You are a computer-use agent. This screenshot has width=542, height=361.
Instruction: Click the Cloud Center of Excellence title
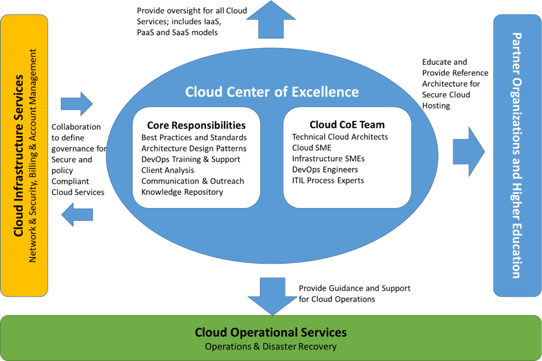click(272, 92)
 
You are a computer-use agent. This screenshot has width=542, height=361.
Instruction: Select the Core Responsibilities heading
click(196, 125)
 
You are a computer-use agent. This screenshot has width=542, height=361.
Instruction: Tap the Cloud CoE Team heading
click(347, 125)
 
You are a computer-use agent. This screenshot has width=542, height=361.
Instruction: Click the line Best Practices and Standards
click(194, 138)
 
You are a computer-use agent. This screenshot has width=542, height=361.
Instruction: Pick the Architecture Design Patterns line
click(194, 149)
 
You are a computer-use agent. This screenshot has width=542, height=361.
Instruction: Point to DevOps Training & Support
click(191, 159)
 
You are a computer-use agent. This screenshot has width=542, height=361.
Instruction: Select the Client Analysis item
click(167, 170)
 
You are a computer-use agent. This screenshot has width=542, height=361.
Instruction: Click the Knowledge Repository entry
click(182, 192)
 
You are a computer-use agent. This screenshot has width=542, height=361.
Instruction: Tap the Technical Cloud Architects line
click(340, 137)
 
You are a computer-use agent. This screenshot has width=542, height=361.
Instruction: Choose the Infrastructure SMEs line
click(328, 159)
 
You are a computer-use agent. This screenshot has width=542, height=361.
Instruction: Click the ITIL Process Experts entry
click(328, 180)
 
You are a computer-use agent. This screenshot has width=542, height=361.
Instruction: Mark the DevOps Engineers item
click(325, 170)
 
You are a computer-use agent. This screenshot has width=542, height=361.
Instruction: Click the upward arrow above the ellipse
click(271, 20)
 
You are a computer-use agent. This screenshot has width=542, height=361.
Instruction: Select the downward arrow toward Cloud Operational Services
click(272, 297)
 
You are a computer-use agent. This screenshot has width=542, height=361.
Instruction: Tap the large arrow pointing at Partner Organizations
click(469, 152)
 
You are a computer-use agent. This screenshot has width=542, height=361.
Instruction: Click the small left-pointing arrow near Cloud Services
click(77, 215)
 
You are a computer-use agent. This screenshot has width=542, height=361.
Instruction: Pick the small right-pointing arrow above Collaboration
click(76, 103)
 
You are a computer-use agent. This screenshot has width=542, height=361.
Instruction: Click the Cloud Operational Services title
click(270, 332)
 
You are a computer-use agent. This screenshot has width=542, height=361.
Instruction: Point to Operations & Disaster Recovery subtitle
click(270, 347)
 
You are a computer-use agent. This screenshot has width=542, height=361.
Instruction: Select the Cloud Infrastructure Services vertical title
click(18, 156)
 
